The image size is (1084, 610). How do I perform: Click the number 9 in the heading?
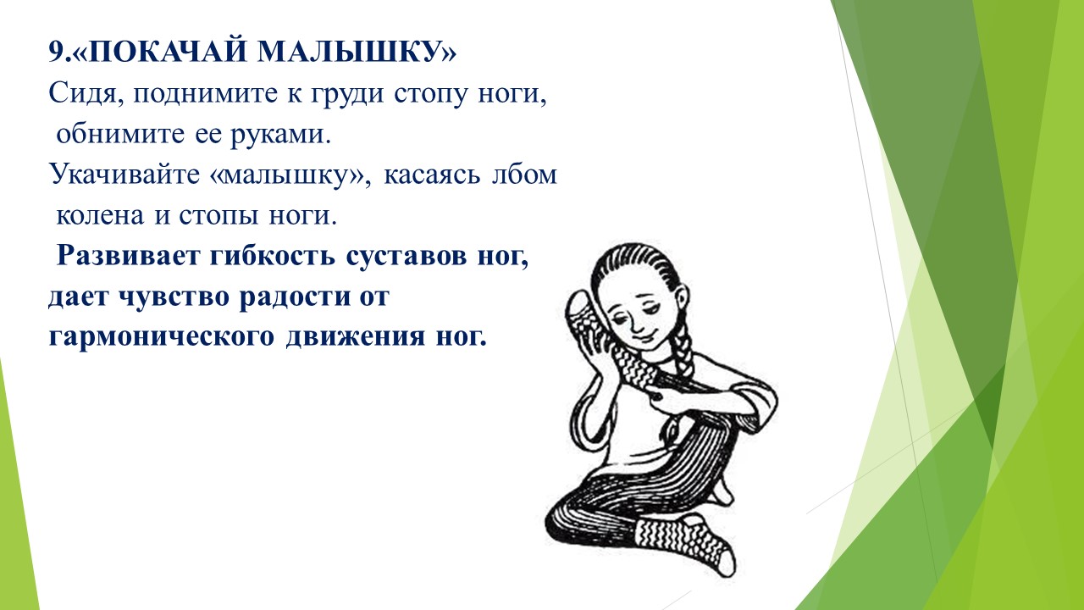pos(56,52)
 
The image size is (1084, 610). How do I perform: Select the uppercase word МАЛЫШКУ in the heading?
pos(347,52)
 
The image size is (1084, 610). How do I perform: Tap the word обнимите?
pos(120,134)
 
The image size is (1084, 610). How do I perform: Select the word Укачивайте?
pos(124,175)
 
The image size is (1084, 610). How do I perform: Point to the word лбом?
pos(524,175)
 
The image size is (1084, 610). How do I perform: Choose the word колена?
pos(100,215)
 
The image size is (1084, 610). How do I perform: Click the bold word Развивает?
pos(128,256)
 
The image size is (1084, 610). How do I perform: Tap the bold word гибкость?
pos(272,256)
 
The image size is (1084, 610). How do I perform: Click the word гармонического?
pos(161,337)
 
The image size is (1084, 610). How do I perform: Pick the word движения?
pos(356,336)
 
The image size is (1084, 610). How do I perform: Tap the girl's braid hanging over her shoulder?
pos(683,348)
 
